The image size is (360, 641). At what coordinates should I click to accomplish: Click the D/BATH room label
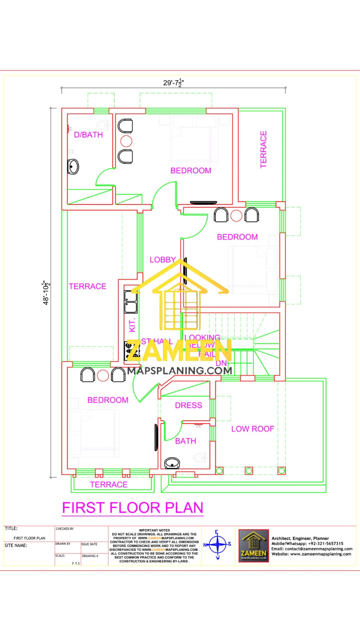[x=88, y=135]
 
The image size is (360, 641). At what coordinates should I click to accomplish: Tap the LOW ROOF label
[x=252, y=429]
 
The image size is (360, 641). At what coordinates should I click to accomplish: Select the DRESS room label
[x=188, y=405]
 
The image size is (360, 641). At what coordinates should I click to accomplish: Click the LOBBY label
[x=163, y=260]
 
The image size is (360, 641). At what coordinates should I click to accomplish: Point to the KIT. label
[x=132, y=325]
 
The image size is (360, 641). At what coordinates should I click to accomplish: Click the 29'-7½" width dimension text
[x=173, y=83]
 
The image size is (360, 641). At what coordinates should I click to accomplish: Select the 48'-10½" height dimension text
[x=46, y=292]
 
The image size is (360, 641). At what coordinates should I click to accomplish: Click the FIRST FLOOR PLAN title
[x=133, y=508]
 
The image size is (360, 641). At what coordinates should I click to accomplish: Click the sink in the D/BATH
[x=73, y=166]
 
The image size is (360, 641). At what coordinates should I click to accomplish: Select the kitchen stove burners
[x=132, y=350]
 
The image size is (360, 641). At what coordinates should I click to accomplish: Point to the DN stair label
[x=221, y=363]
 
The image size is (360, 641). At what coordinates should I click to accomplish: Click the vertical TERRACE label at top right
[x=263, y=149]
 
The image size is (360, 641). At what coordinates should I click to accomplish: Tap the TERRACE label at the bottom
[x=109, y=484]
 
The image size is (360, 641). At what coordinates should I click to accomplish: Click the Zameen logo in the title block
[x=253, y=545]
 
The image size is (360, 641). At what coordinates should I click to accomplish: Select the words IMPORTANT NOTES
[x=154, y=530]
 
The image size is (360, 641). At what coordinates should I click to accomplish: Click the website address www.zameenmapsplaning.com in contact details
[x=320, y=554]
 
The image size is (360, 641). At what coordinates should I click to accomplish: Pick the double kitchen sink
[x=131, y=302]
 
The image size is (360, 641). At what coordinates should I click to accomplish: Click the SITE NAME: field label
[x=16, y=545]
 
